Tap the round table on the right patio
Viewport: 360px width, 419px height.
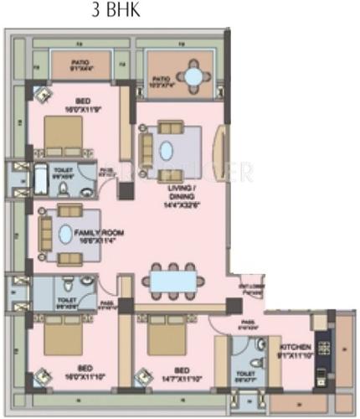194,76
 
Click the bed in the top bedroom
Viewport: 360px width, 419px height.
63,134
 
